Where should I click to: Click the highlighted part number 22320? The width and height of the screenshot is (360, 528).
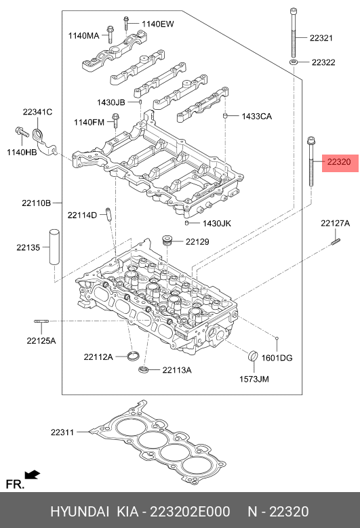point(339,162)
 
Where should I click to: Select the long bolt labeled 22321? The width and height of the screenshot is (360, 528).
point(294,33)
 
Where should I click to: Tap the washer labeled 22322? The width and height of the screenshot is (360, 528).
point(294,62)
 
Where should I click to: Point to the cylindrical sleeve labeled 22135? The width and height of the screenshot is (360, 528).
point(54,247)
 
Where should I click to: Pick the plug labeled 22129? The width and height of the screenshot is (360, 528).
point(167,241)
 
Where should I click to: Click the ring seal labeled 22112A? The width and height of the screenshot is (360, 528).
point(134,355)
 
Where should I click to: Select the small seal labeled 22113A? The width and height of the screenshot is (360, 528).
point(144,369)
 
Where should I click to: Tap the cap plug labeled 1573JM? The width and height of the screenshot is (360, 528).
point(253,356)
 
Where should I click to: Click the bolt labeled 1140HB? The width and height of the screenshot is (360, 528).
point(22,133)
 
